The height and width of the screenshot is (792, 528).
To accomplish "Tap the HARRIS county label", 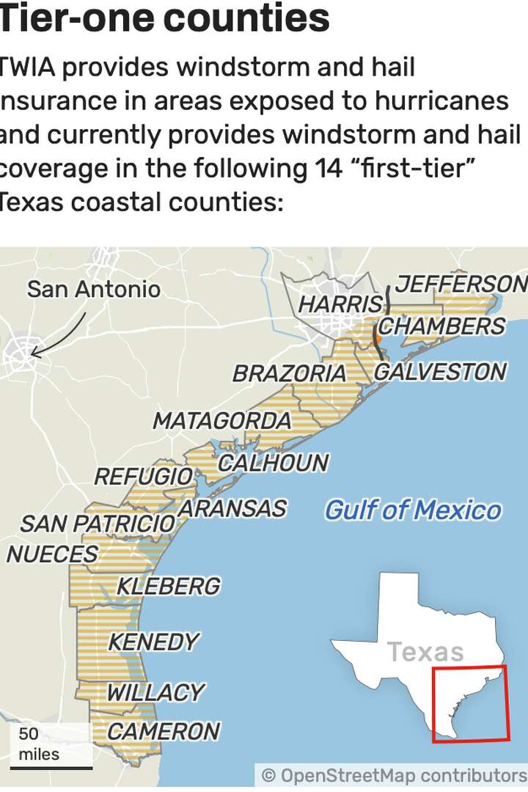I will coord(341,304).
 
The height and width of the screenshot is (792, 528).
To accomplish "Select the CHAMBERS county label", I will coord(441,326).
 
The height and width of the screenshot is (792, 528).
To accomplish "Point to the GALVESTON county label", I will coord(440,372).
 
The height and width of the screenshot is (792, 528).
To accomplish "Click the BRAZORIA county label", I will coord(289,373).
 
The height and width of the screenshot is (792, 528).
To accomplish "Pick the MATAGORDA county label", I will coord(221,421).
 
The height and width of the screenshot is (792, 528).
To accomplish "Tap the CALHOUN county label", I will coord(273,463).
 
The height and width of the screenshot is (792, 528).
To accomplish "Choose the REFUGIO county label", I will coord(143,477).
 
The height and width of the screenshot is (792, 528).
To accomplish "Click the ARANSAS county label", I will coord(232,508).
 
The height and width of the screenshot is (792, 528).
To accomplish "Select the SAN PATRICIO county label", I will coord(98,524).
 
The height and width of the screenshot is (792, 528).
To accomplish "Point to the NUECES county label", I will coord(51,554).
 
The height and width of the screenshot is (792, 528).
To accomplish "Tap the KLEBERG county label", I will coord(168,586).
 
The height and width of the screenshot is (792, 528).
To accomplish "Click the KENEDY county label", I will coord(153,642).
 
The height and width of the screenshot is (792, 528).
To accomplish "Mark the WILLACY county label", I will coord(155,692).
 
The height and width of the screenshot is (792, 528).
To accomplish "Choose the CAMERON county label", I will coord(163,731).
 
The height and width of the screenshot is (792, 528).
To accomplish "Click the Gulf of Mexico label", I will coord(413,510).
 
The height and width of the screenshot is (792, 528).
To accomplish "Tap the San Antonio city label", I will coord(94,289).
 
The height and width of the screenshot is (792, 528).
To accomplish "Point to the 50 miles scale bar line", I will coord(51,768).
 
